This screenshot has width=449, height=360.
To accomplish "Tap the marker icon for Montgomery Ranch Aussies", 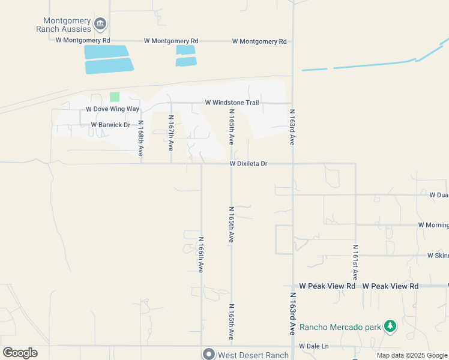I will (100, 25).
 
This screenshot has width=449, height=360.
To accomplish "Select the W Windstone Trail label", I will (232, 103).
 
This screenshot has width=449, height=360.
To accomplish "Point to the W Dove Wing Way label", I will (112, 109).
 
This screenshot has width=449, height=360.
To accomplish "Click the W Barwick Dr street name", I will (110, 125).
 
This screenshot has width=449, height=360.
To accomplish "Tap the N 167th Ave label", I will (171, 133).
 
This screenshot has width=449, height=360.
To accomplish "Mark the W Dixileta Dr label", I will (248, 163).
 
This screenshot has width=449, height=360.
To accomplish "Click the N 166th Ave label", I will (201, 254).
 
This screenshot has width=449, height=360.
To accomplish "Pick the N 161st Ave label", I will (355, 262).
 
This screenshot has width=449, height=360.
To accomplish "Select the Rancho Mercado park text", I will (340, 327).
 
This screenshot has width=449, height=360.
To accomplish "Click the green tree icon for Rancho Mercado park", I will (391, 326).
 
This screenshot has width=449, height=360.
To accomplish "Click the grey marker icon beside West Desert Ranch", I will (208, 355).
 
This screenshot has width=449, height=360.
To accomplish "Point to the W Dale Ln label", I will (315, 346).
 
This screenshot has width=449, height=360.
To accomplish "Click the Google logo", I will (20, 353).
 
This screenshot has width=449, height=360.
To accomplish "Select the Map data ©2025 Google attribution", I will (412, 355).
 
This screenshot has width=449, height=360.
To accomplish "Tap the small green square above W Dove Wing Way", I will (115, 97).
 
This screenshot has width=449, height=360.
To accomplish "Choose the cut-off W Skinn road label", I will (438, 255).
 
